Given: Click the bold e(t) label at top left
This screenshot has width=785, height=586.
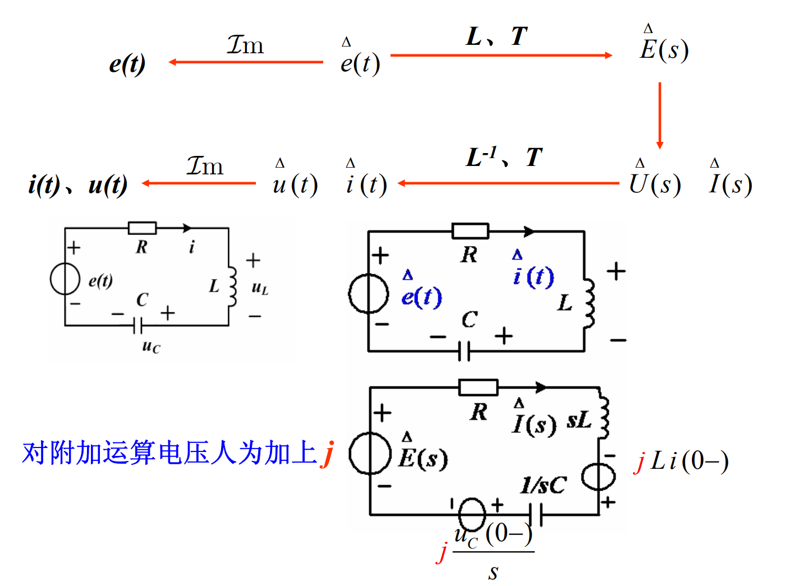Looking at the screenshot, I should tap(127, 64).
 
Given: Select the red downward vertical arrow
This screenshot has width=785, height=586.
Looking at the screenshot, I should tap(660, 116).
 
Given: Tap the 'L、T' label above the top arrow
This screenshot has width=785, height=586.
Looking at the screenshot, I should tap(497, 37).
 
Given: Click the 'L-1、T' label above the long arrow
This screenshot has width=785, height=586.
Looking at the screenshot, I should tap(504, 158).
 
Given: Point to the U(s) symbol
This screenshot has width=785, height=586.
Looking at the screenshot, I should tap(655, 183).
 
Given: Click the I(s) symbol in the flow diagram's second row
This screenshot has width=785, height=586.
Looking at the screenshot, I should tap(730, 183).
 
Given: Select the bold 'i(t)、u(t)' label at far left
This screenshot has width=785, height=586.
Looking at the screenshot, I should tap(78, 185).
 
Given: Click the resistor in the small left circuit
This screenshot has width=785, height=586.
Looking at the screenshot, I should tap(142, 228).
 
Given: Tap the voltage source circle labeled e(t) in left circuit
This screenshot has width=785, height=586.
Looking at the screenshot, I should tap(65, 279).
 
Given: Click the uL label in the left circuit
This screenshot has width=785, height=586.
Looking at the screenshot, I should tap(260, 288).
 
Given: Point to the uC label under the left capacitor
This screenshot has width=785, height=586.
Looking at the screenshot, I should tap(151, 347).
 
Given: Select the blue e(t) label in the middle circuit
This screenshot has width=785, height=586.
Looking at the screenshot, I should tap(421, 296).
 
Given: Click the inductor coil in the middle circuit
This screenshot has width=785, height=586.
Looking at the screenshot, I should tap(588, 303).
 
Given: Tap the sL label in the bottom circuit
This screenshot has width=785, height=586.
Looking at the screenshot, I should tap(579, 421).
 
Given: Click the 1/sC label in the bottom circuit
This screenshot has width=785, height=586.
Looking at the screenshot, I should tap(543, 485).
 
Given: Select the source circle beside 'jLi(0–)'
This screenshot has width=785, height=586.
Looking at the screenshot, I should tap(599, 477).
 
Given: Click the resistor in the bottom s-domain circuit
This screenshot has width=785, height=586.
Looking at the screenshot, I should tap(478, 387).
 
